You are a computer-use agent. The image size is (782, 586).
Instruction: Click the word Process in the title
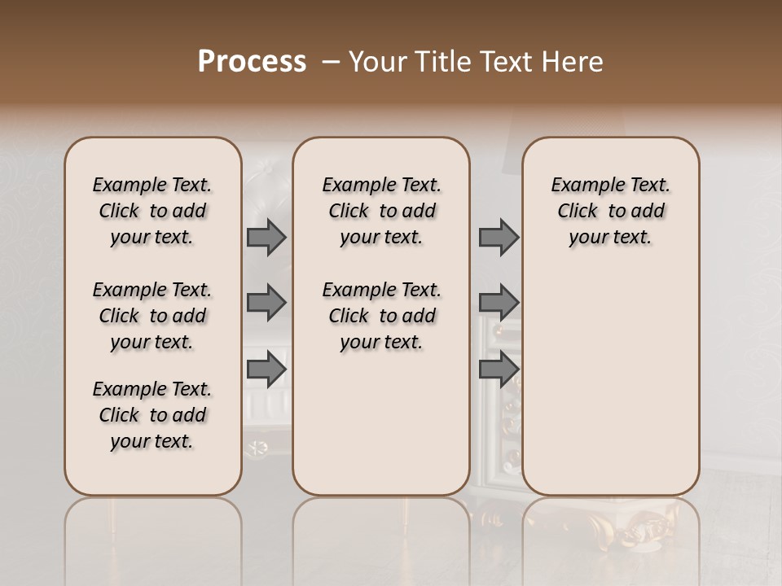(252, 62)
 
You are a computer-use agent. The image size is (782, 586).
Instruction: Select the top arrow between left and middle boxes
(266, 237)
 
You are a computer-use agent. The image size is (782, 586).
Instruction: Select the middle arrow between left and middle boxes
(266, 303)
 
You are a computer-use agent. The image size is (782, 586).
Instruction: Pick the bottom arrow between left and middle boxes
(266, 370)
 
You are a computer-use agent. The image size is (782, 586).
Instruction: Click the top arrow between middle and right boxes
(499, 237)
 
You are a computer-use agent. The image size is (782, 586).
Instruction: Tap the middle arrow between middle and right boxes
(499, 303)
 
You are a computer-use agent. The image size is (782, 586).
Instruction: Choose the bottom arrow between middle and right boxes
(499, 370)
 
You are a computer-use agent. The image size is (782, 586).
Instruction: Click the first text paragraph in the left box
(152, 211)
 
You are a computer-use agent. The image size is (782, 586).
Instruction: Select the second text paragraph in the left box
(152, 316)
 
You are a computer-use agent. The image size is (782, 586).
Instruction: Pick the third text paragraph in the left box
(152, 415)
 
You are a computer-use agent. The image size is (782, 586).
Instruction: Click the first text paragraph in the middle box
(381, 211)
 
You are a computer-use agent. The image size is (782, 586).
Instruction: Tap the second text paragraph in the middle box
(381, 316)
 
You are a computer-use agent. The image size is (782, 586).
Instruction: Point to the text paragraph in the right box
(610, 211)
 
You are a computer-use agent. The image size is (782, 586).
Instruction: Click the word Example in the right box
(580, 186)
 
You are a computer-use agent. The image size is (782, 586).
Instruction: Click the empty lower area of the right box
(610, 391)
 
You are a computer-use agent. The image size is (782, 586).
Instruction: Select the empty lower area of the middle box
(381, 431)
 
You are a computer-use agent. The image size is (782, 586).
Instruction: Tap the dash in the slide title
(331, 62)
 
